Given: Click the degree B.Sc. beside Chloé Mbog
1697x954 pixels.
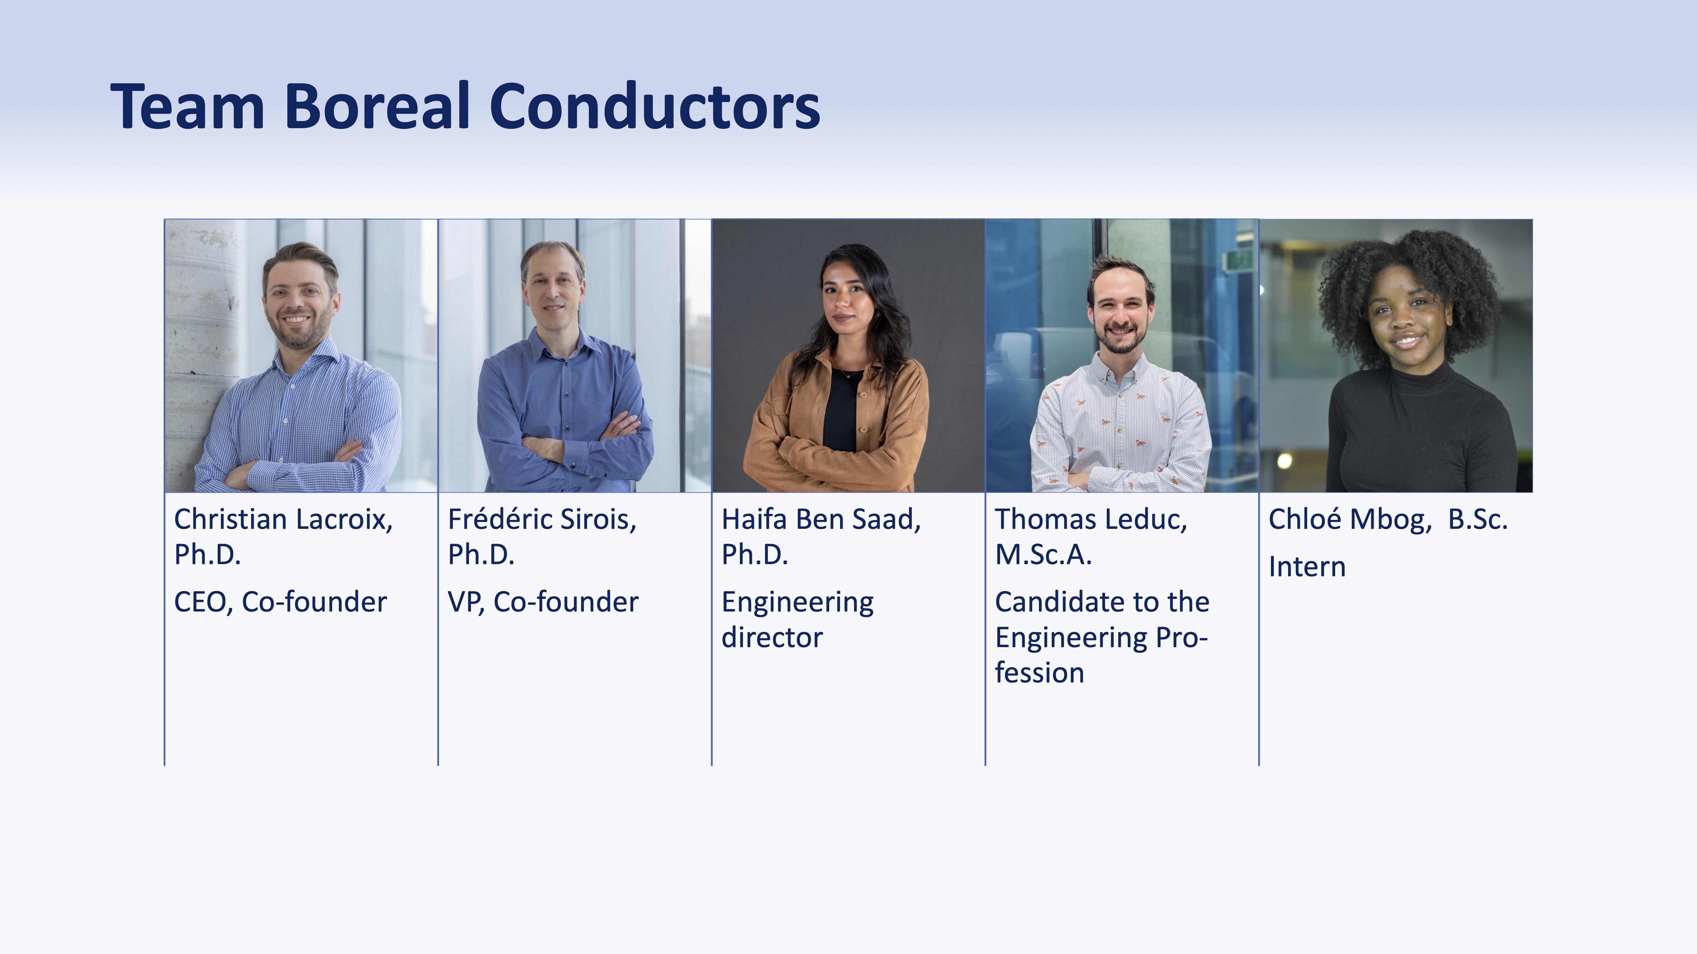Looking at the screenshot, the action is [1478, 520].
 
